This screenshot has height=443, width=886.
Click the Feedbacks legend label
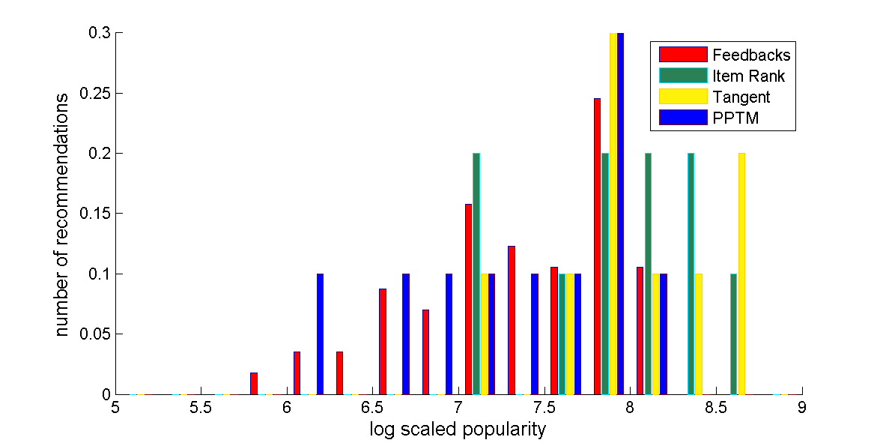click(751, 55)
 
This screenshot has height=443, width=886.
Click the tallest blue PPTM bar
click(620, 214)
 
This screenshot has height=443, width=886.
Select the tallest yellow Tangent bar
click(613, 214)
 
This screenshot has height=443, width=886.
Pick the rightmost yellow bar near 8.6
click(741, 274)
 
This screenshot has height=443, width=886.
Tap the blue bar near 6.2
click(320, 334)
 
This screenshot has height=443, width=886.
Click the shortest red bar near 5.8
click(254, 383)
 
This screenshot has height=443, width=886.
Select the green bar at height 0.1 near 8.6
click(733, 334)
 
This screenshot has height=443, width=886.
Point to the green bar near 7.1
click(476, 274)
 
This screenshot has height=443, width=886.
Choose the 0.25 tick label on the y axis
click(96, 94)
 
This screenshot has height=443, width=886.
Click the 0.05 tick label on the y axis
click(96, 334)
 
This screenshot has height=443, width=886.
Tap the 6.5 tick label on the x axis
click(372, 409)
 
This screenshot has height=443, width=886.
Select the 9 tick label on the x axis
click(802, 409)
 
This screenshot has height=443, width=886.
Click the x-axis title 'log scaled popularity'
click(458, 430)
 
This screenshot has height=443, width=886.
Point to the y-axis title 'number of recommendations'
click(64, 214)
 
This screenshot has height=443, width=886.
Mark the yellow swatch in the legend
click(683, 97)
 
